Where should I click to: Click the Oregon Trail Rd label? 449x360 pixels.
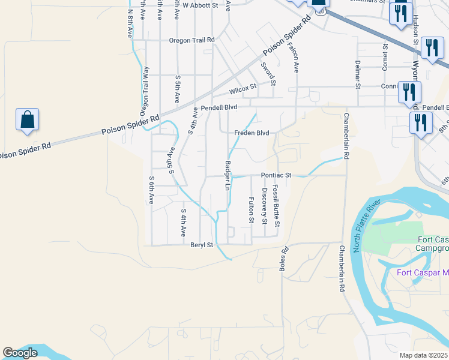(191, 40)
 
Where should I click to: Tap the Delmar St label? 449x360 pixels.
(357, 74)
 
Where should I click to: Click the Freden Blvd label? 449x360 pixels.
(252, 133)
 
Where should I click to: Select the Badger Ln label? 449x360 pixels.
(228, 175)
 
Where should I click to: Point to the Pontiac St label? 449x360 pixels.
(276, 175)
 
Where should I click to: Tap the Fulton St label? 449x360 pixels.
(251, 210)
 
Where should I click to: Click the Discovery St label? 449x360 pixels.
(264, 206)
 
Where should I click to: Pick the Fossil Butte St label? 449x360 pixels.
(276, 206)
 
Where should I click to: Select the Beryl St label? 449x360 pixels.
(202, 245)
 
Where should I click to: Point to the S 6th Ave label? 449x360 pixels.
(152, 190)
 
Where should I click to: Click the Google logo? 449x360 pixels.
(20, 353)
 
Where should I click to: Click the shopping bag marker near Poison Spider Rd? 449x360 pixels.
(28, 119)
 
